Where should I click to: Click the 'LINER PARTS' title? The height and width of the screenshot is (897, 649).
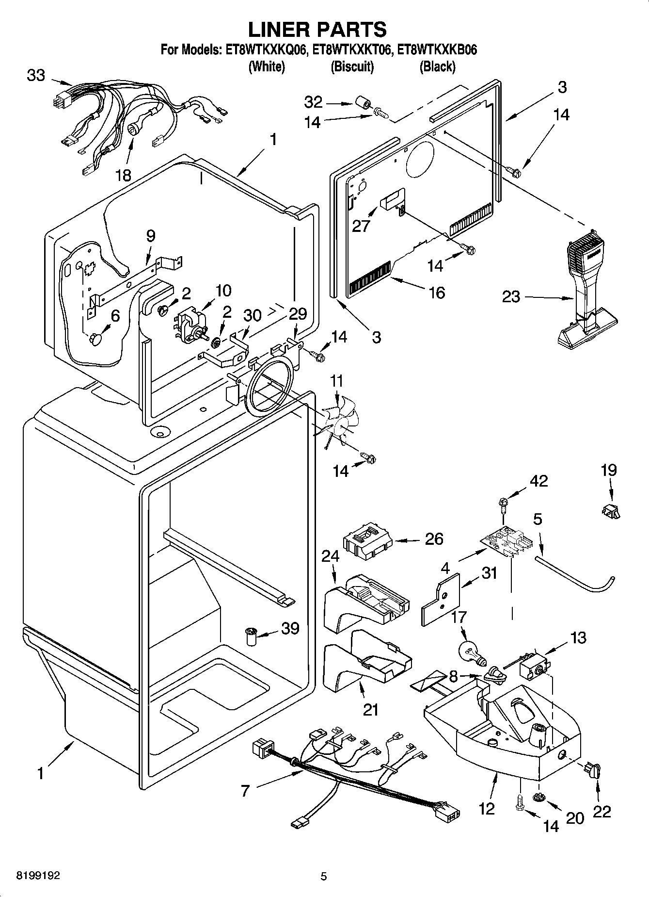tap(317, 30)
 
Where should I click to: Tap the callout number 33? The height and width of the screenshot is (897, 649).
tap(36, 76)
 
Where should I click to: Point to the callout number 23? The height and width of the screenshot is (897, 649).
tap(511, 296)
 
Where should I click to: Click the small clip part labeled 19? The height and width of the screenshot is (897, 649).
tap(611, 511)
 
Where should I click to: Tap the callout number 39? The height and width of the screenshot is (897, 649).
tap(290, 628)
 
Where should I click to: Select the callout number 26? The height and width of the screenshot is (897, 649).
tap(434, 538)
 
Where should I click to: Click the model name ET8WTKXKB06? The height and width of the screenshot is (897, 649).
tap(437, 50)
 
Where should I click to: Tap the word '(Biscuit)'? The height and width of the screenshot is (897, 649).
tap(352, 66)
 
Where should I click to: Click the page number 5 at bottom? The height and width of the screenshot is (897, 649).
tap(324, 876)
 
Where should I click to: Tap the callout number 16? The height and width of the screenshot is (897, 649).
tap(437, 293)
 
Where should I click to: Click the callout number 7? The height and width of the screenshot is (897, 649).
tap(245, 791)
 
